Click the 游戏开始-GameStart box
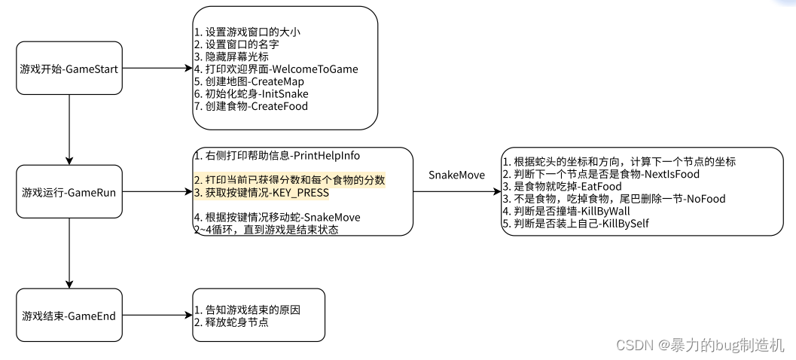(69, 69)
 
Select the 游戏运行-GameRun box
(69, 192)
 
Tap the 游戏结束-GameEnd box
(69, 316)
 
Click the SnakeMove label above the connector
(456, 175)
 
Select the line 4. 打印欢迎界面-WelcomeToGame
(276, 69)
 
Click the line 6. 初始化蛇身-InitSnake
(251, 93)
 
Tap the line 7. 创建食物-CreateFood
(250, 106)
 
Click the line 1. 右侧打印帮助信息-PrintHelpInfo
(276, 156)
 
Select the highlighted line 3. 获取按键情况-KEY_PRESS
(261, 193)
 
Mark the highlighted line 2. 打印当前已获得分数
(289, 180)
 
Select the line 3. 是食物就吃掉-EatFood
(563, 186)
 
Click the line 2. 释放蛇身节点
(231, 322)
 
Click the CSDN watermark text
(700, 346)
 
